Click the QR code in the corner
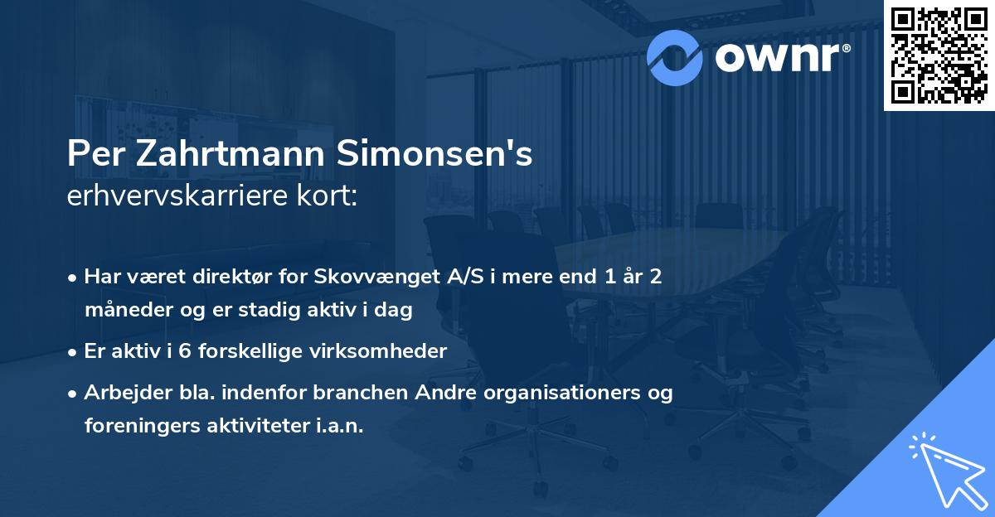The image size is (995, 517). point(939,55)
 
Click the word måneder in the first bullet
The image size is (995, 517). point(120,311)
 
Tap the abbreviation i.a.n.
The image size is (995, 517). point(340,426)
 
